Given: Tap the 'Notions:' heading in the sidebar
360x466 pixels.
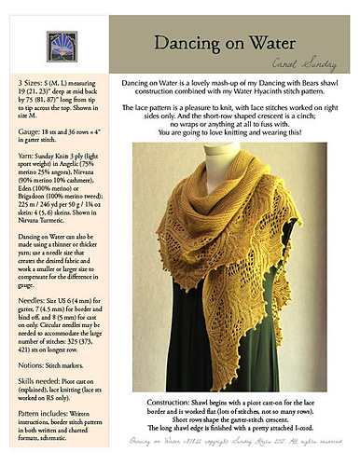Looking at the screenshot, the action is (x=21, y=351).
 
